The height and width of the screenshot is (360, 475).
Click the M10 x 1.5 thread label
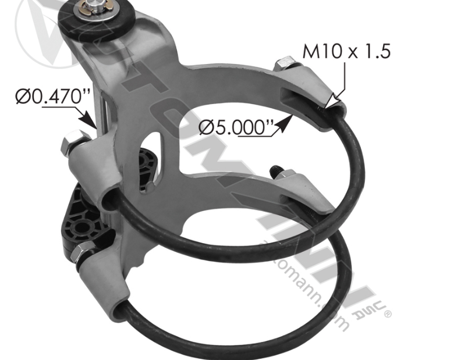click(x=346, y=51)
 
